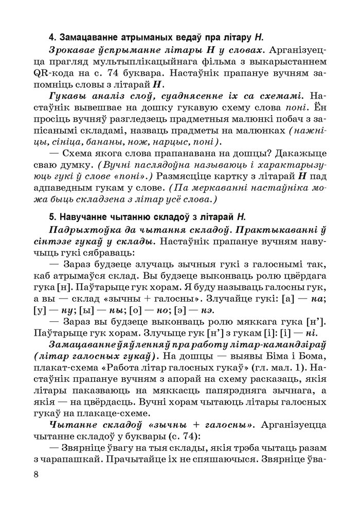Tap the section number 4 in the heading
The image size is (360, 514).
click(50, 38)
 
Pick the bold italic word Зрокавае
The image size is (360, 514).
click(73, 50)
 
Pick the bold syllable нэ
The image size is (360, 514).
click(206, 310)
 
